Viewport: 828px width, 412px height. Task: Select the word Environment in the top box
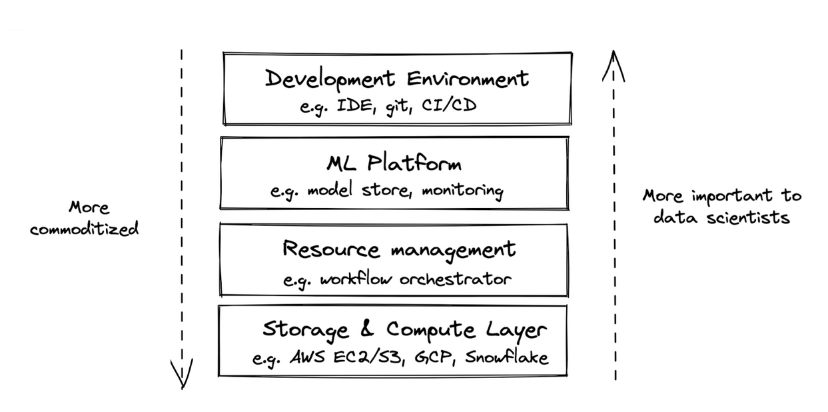(x=468, y=79)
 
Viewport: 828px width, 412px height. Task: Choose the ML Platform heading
(x=394, y=163)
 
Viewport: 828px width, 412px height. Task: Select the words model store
(x=363, y=191)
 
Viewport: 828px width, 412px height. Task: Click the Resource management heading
(x=398, y=250)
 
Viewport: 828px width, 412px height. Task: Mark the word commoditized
(x=84, y=229)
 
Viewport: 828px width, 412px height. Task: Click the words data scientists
(x=721, y=217)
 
